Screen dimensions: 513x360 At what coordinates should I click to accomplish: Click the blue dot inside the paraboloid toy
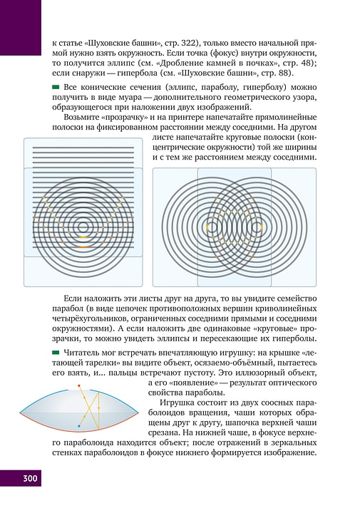(78, 425)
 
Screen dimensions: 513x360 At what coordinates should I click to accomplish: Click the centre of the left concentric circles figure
(83, 225)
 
